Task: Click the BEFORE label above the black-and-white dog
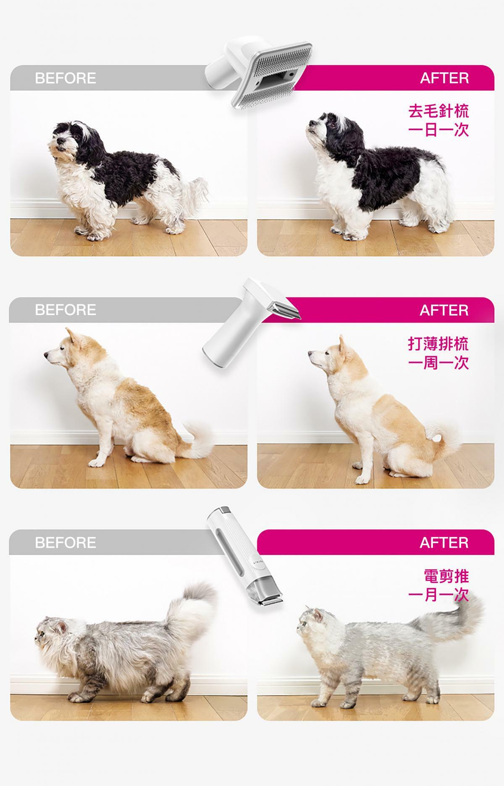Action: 65,78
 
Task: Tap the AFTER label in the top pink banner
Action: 444,78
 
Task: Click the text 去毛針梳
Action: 438,111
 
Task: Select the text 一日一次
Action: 438,130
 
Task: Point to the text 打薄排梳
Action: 438,344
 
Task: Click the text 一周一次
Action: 438,362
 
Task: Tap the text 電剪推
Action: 446,576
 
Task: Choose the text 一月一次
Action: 438,595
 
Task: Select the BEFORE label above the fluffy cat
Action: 65,542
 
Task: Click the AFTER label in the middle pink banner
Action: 444,310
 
